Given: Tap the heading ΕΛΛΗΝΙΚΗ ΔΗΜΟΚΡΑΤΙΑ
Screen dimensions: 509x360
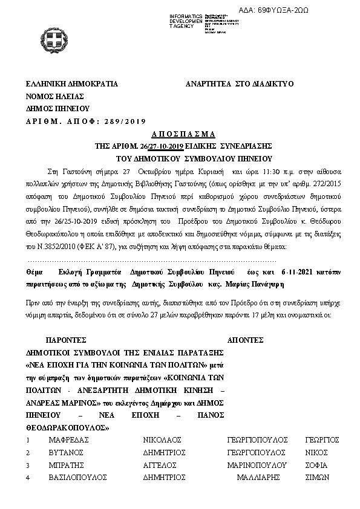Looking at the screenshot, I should pyautogui.click(x=71, y=84).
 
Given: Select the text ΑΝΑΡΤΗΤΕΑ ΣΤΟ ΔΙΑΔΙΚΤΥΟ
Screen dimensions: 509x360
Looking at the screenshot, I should pyautogui.click(x=239, y=84).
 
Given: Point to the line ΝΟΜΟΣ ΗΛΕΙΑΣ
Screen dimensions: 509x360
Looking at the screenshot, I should pyautogui.click(x=54, y=96).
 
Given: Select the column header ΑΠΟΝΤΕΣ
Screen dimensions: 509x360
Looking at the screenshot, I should pyautogui.click(x=248, y=340).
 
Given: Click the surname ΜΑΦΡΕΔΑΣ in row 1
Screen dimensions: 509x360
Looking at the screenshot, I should pyautogui.click(x=69, y=441).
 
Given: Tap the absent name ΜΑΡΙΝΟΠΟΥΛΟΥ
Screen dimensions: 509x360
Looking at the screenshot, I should pyautogui.click(x=256, y=465).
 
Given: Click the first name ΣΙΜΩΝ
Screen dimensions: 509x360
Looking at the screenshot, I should pyautogui.click(x=316, y=477).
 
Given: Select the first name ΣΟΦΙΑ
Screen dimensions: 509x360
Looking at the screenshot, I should pyautogui.click(x=316, y=465).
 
